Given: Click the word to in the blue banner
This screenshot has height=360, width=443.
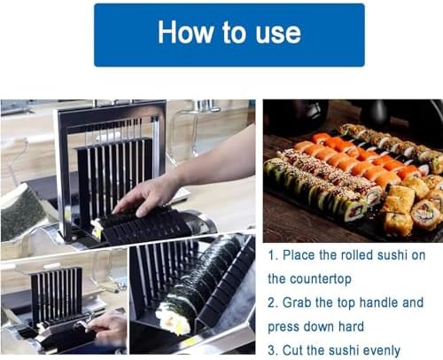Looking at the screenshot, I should (232, 34).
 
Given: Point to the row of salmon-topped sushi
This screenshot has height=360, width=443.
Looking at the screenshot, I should (354, 160).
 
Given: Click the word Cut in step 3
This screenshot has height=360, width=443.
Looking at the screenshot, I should (296, 349).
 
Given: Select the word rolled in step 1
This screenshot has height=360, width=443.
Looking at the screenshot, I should (364, 255).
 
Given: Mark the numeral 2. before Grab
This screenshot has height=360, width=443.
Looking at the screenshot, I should (273, 302).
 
